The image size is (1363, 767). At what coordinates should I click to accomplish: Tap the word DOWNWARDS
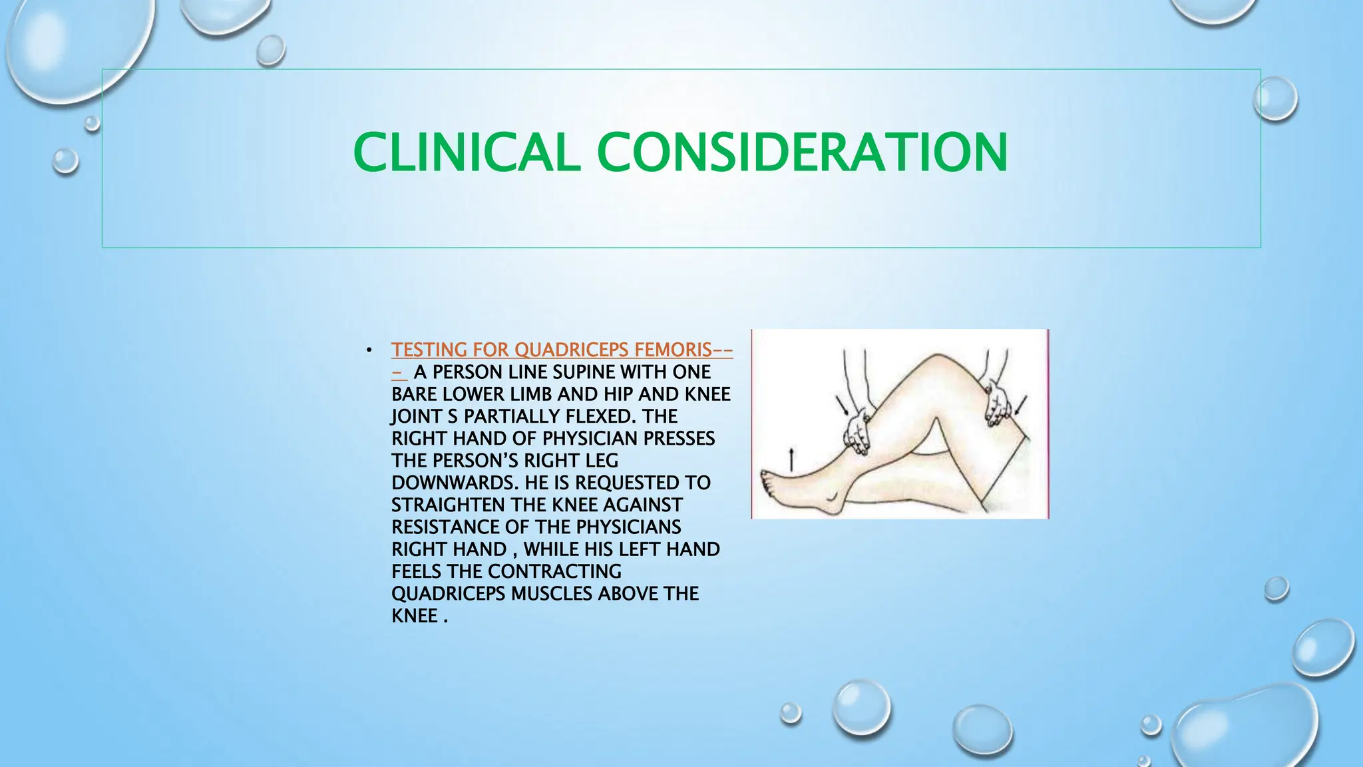point(455,483)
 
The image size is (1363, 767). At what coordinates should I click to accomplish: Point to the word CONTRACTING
point(554,571)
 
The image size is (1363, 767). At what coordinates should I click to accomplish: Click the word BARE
point(415,394)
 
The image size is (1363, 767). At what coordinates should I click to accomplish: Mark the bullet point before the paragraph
point(369,350)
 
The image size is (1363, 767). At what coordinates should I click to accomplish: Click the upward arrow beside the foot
point(791,460)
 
